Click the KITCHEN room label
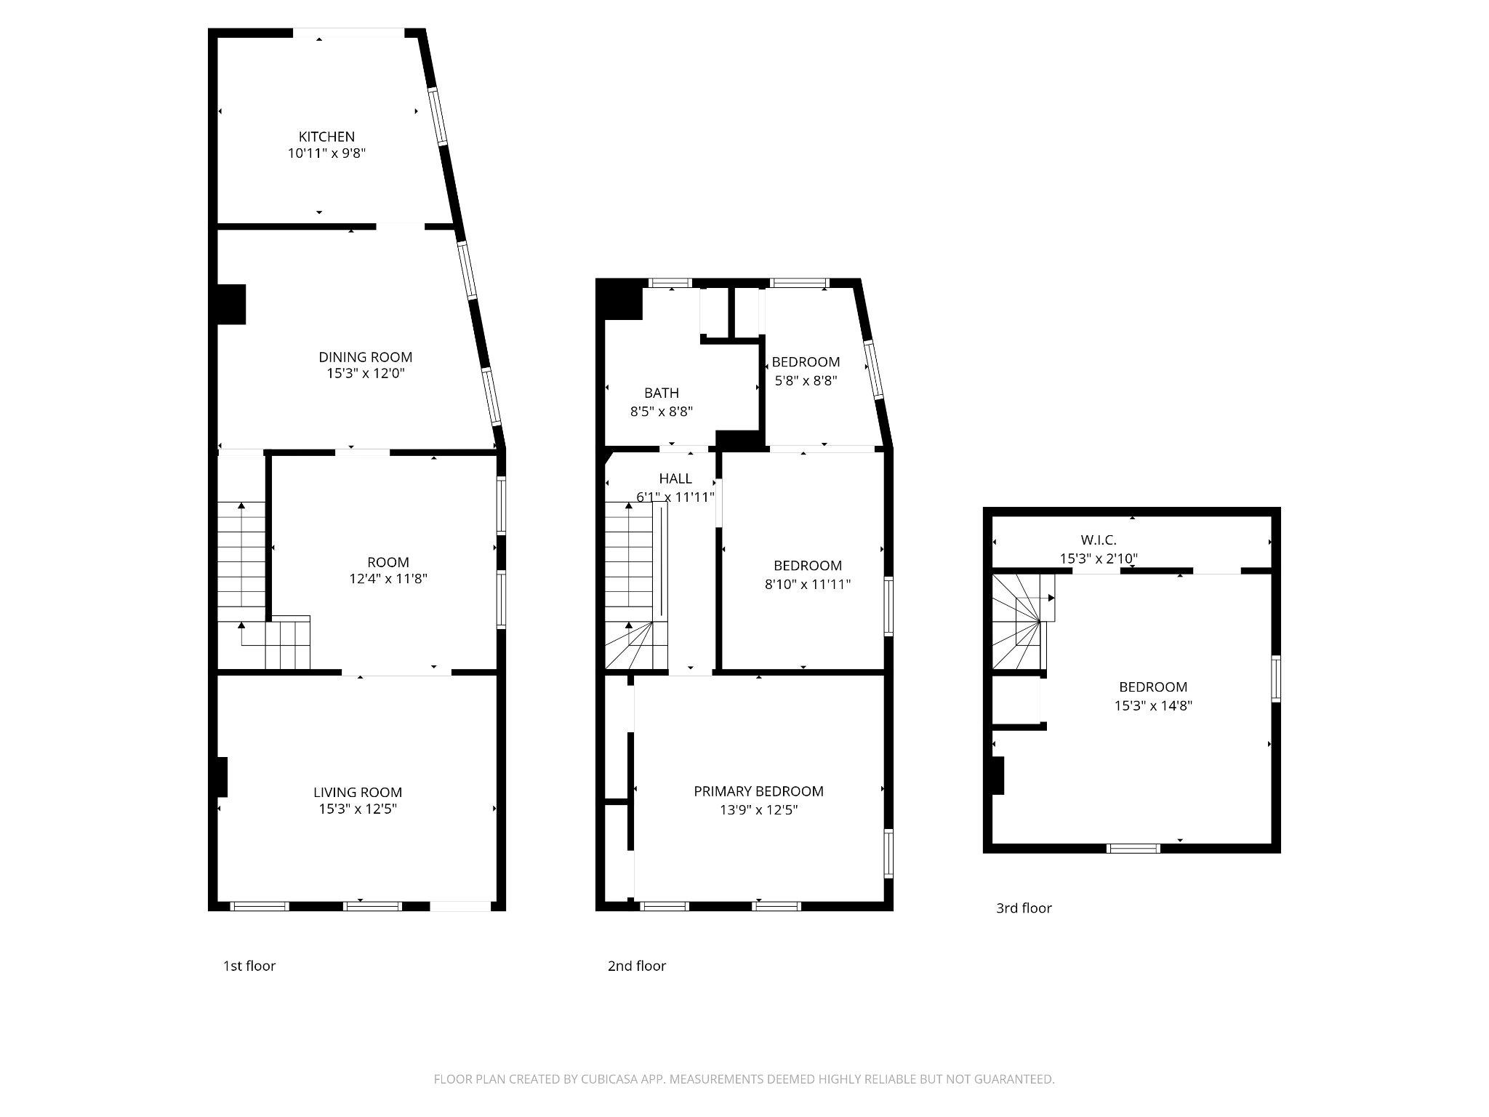tap(326, 136)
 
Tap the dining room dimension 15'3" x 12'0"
tap(365, 374)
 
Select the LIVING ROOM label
tap(358, 792)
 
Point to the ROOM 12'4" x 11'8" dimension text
tap(388, 579)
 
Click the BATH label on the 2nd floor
tap(661, 393)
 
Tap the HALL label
tap(675, 479)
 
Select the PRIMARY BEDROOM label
tap(758, 791)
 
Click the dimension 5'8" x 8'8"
tap(806, 380)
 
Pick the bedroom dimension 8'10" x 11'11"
tap(807, 583)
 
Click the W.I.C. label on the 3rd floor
tap(1098, 540)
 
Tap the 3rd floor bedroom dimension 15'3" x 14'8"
tap(1153, 705)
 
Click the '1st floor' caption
tap(249, 966)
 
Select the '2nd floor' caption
tap(637, 966)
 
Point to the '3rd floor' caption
tap(1024, 908)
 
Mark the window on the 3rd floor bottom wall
tap(1133, 848)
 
